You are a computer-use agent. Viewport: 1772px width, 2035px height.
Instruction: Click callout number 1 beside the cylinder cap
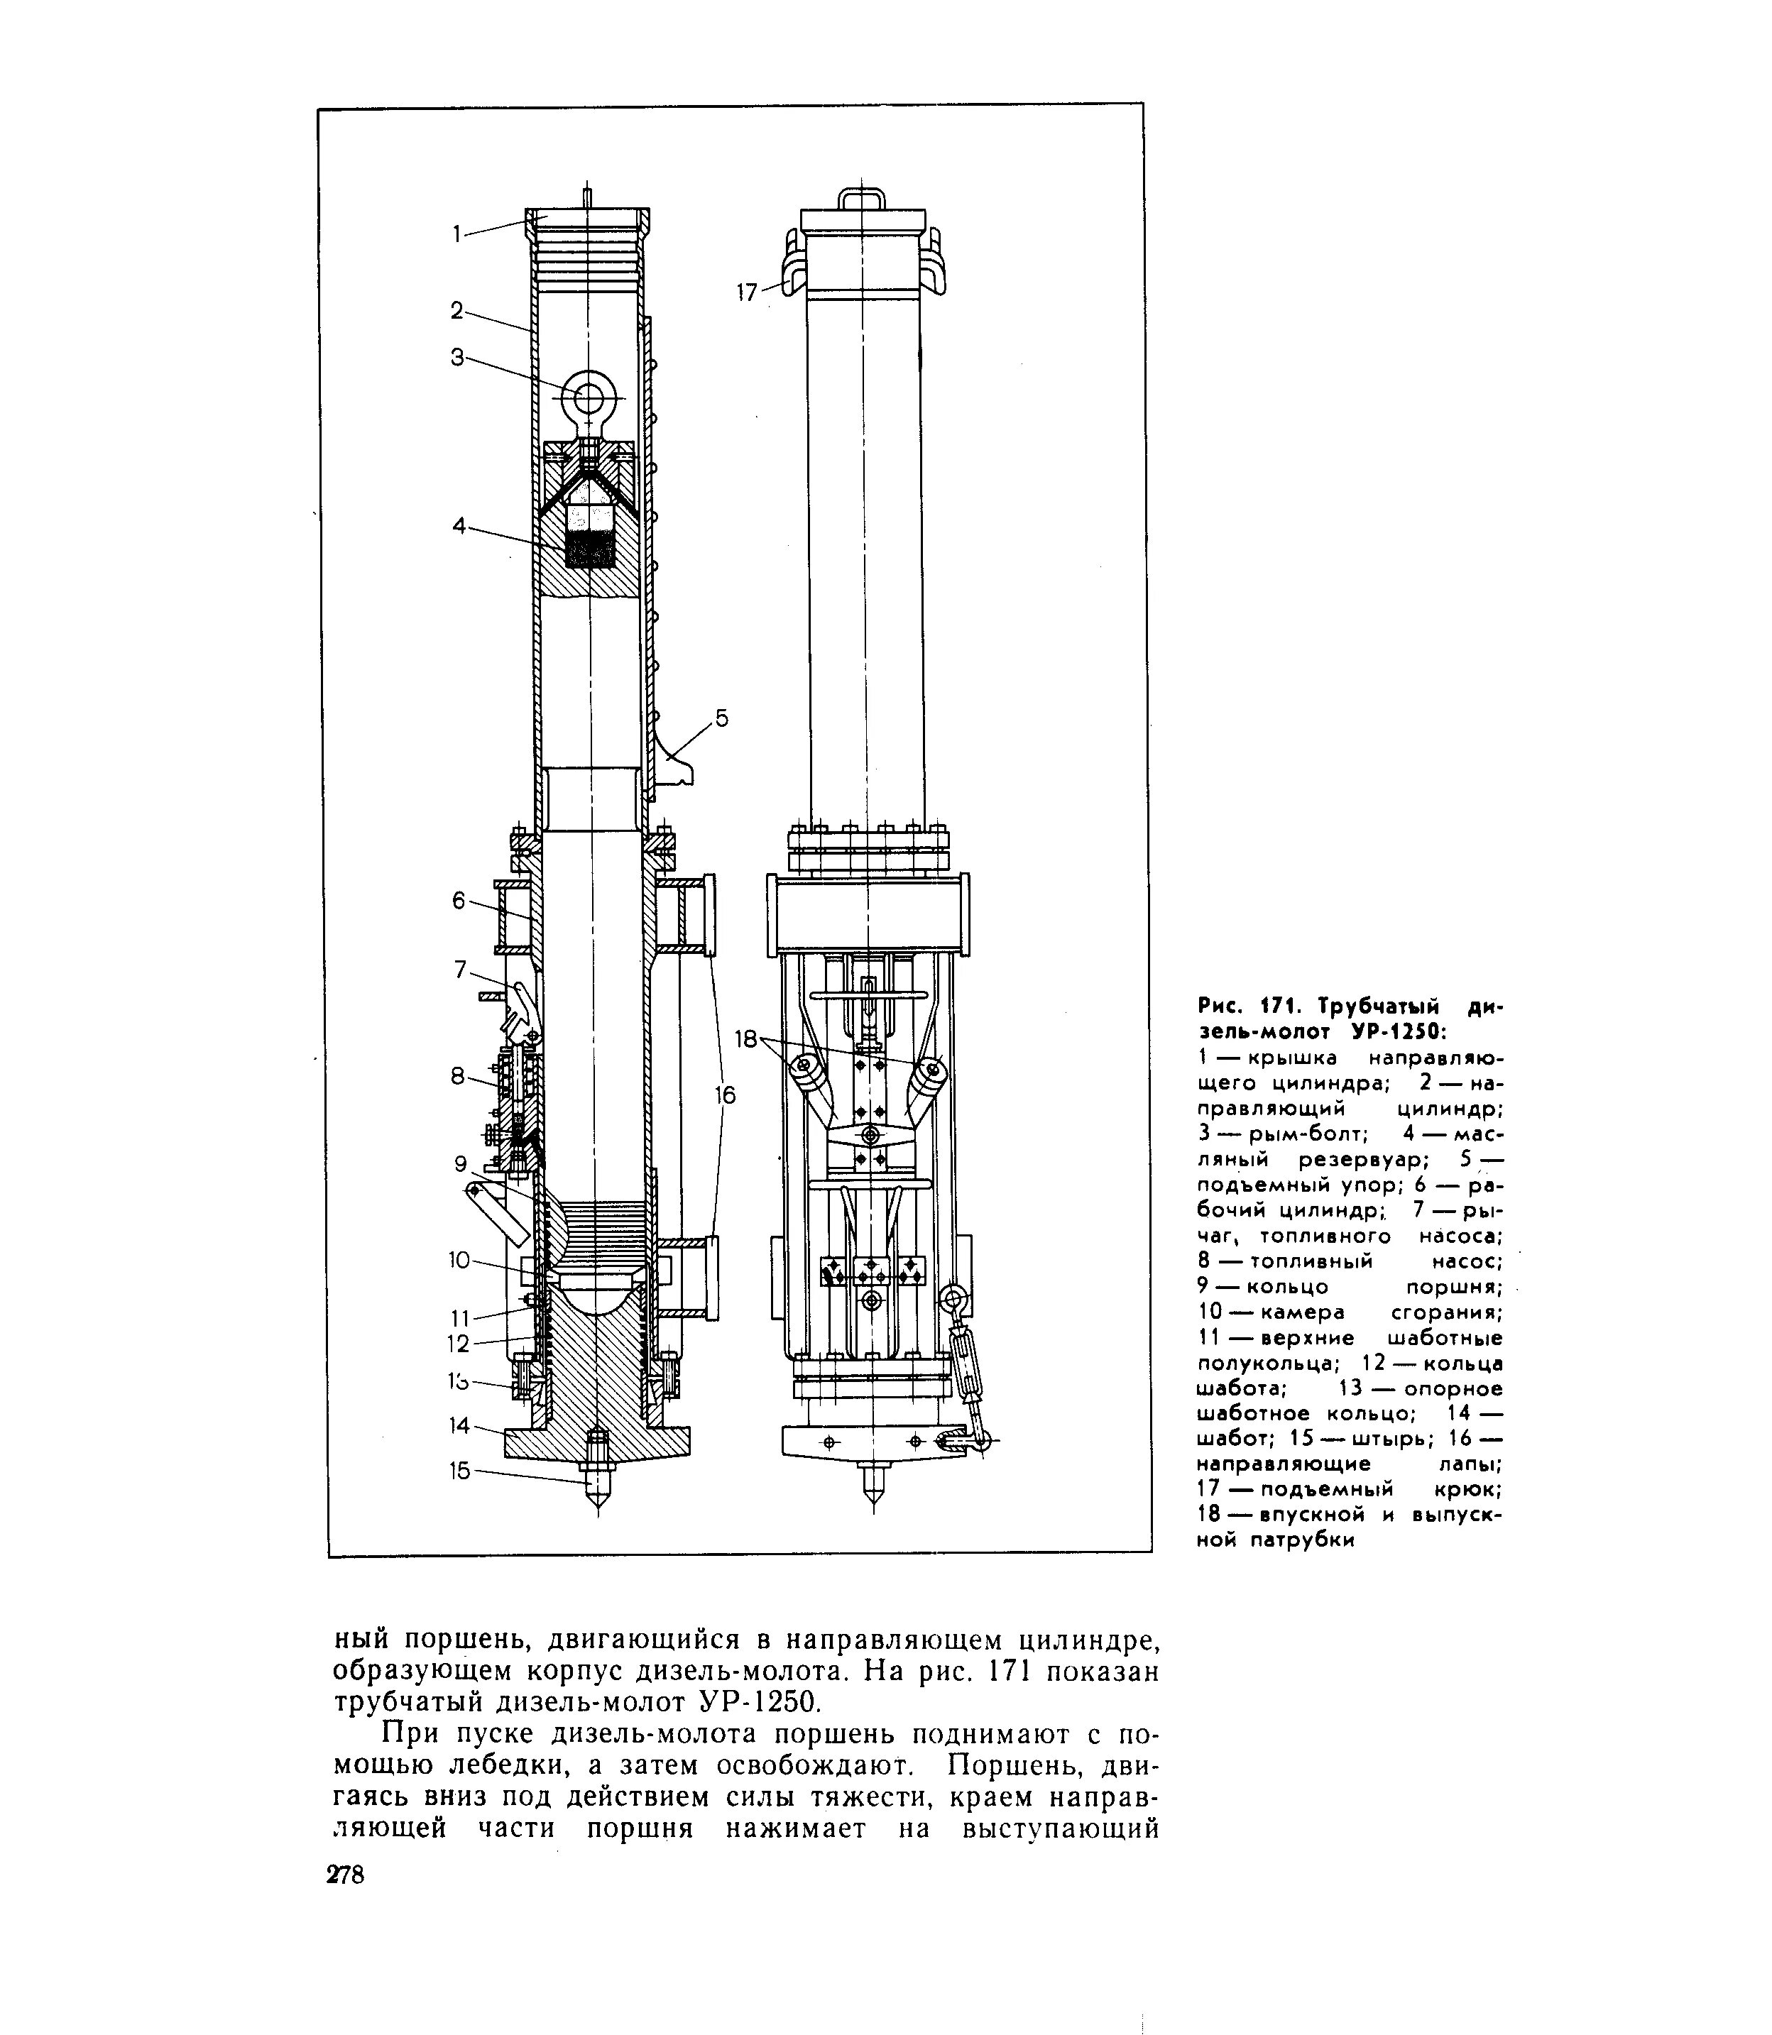(457, 234)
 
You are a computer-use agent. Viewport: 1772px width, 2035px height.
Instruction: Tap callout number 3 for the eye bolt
(457, 357)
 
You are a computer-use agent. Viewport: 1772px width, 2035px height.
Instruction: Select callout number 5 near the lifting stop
(722, 719)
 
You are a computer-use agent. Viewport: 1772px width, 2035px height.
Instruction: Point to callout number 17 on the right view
(748, 292)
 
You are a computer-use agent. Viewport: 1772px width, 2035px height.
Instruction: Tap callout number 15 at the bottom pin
(460, 1471)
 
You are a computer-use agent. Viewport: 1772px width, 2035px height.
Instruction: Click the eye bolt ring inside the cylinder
(589, 397)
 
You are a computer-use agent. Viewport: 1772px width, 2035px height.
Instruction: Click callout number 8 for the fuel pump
(457, 1076)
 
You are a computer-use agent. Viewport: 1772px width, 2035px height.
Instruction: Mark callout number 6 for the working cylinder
(458, 900)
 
